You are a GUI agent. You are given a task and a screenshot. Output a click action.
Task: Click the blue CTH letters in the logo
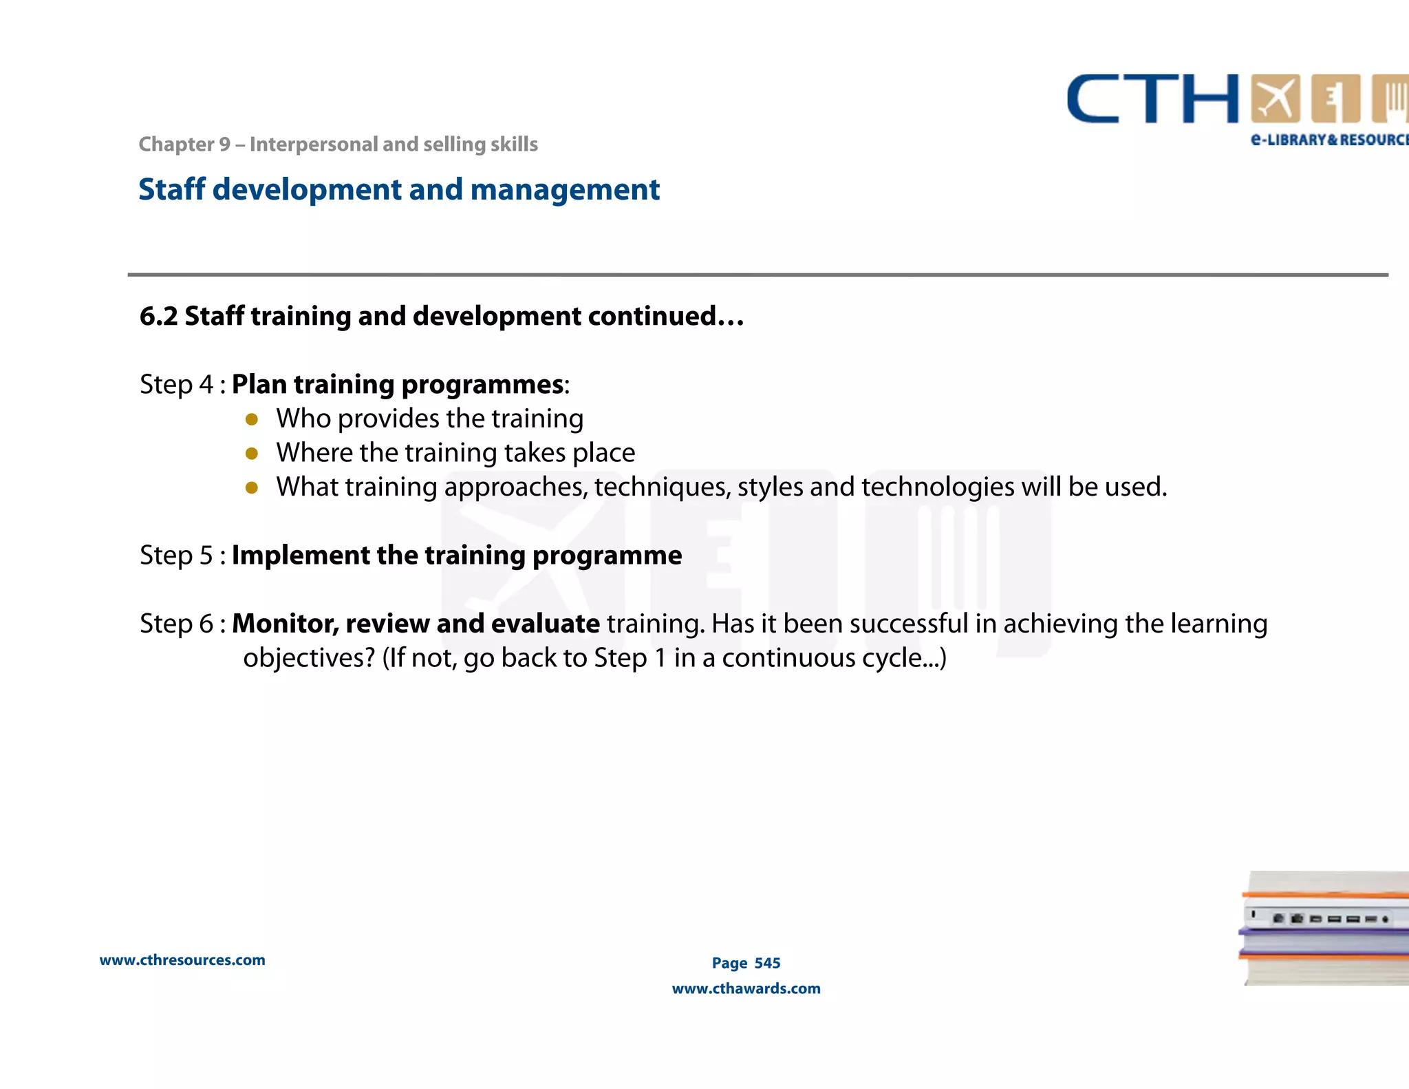pos(1152,99)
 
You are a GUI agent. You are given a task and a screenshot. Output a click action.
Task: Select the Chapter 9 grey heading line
pos(338,144)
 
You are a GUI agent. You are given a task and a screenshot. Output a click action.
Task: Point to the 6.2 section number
pos(158,316)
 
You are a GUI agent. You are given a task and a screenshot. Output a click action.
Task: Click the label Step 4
pos(177,384)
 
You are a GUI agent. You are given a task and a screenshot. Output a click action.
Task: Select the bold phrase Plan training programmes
pos(398,384)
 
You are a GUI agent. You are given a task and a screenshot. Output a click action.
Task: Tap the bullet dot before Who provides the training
pos(252,419)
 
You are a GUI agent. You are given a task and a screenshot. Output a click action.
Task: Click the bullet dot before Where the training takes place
pos(252,454)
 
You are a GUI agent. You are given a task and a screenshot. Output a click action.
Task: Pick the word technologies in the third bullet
pos(938,487)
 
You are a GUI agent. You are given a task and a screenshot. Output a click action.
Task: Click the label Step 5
pos(177,555)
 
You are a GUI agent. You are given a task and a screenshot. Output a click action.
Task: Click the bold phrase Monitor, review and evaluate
pos(416,623)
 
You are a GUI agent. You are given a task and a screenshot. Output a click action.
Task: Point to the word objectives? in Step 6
pos(309,657)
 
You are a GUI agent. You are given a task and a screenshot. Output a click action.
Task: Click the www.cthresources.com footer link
pos(182,960)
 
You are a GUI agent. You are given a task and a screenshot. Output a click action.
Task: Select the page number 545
pos(767,963)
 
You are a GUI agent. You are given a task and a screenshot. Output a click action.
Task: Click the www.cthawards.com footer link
pos(746,988)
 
